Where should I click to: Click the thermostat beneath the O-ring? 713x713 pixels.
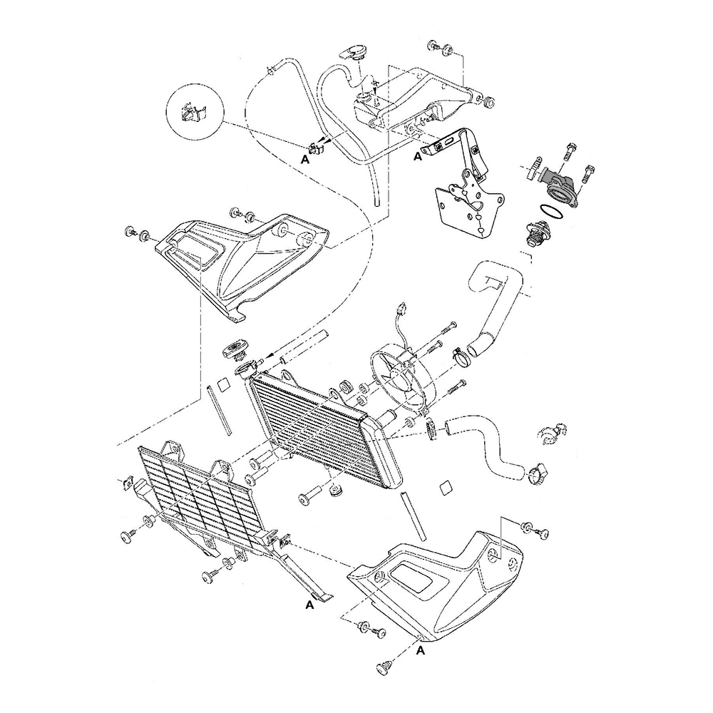click(537, 233)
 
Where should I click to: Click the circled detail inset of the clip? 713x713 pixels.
click(196, 112)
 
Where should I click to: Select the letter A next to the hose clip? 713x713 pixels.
click(304, 160)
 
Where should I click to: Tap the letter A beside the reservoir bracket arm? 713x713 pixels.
click(417, 157)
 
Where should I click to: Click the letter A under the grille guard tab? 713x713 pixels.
click(310, 605)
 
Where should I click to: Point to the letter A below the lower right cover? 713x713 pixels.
click(421, 651)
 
